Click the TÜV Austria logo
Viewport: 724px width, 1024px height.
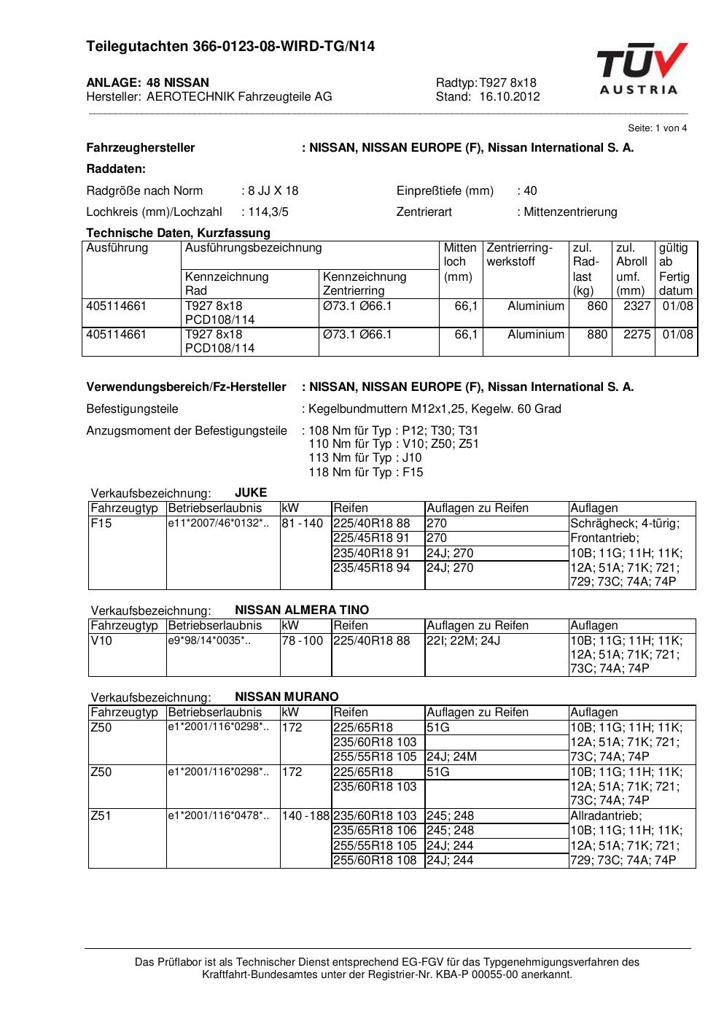click(641, 69)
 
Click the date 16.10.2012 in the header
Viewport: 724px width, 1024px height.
click(510, 97)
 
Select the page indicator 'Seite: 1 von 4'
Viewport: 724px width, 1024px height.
click(657, 128)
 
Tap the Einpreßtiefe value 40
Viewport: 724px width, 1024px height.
click(529, 191)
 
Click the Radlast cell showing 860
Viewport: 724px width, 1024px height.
click(596, 306)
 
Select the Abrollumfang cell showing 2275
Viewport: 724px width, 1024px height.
click(637, 335)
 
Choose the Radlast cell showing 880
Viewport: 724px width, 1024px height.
click(596, 335)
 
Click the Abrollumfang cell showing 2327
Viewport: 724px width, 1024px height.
click(637, 306)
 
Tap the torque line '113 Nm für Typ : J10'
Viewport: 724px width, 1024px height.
click(365, 458)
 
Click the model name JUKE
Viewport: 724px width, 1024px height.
click(251, 493)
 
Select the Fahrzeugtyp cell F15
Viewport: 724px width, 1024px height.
click(101, 524)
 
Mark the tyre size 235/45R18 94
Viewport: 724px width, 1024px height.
click(371, 568)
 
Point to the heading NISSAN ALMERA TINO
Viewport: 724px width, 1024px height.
click(302, 610)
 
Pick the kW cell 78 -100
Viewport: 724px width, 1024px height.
click(302, 641)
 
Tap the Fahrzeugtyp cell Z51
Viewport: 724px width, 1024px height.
click(101, 816)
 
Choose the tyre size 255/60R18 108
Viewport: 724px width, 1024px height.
click(375, 861)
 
